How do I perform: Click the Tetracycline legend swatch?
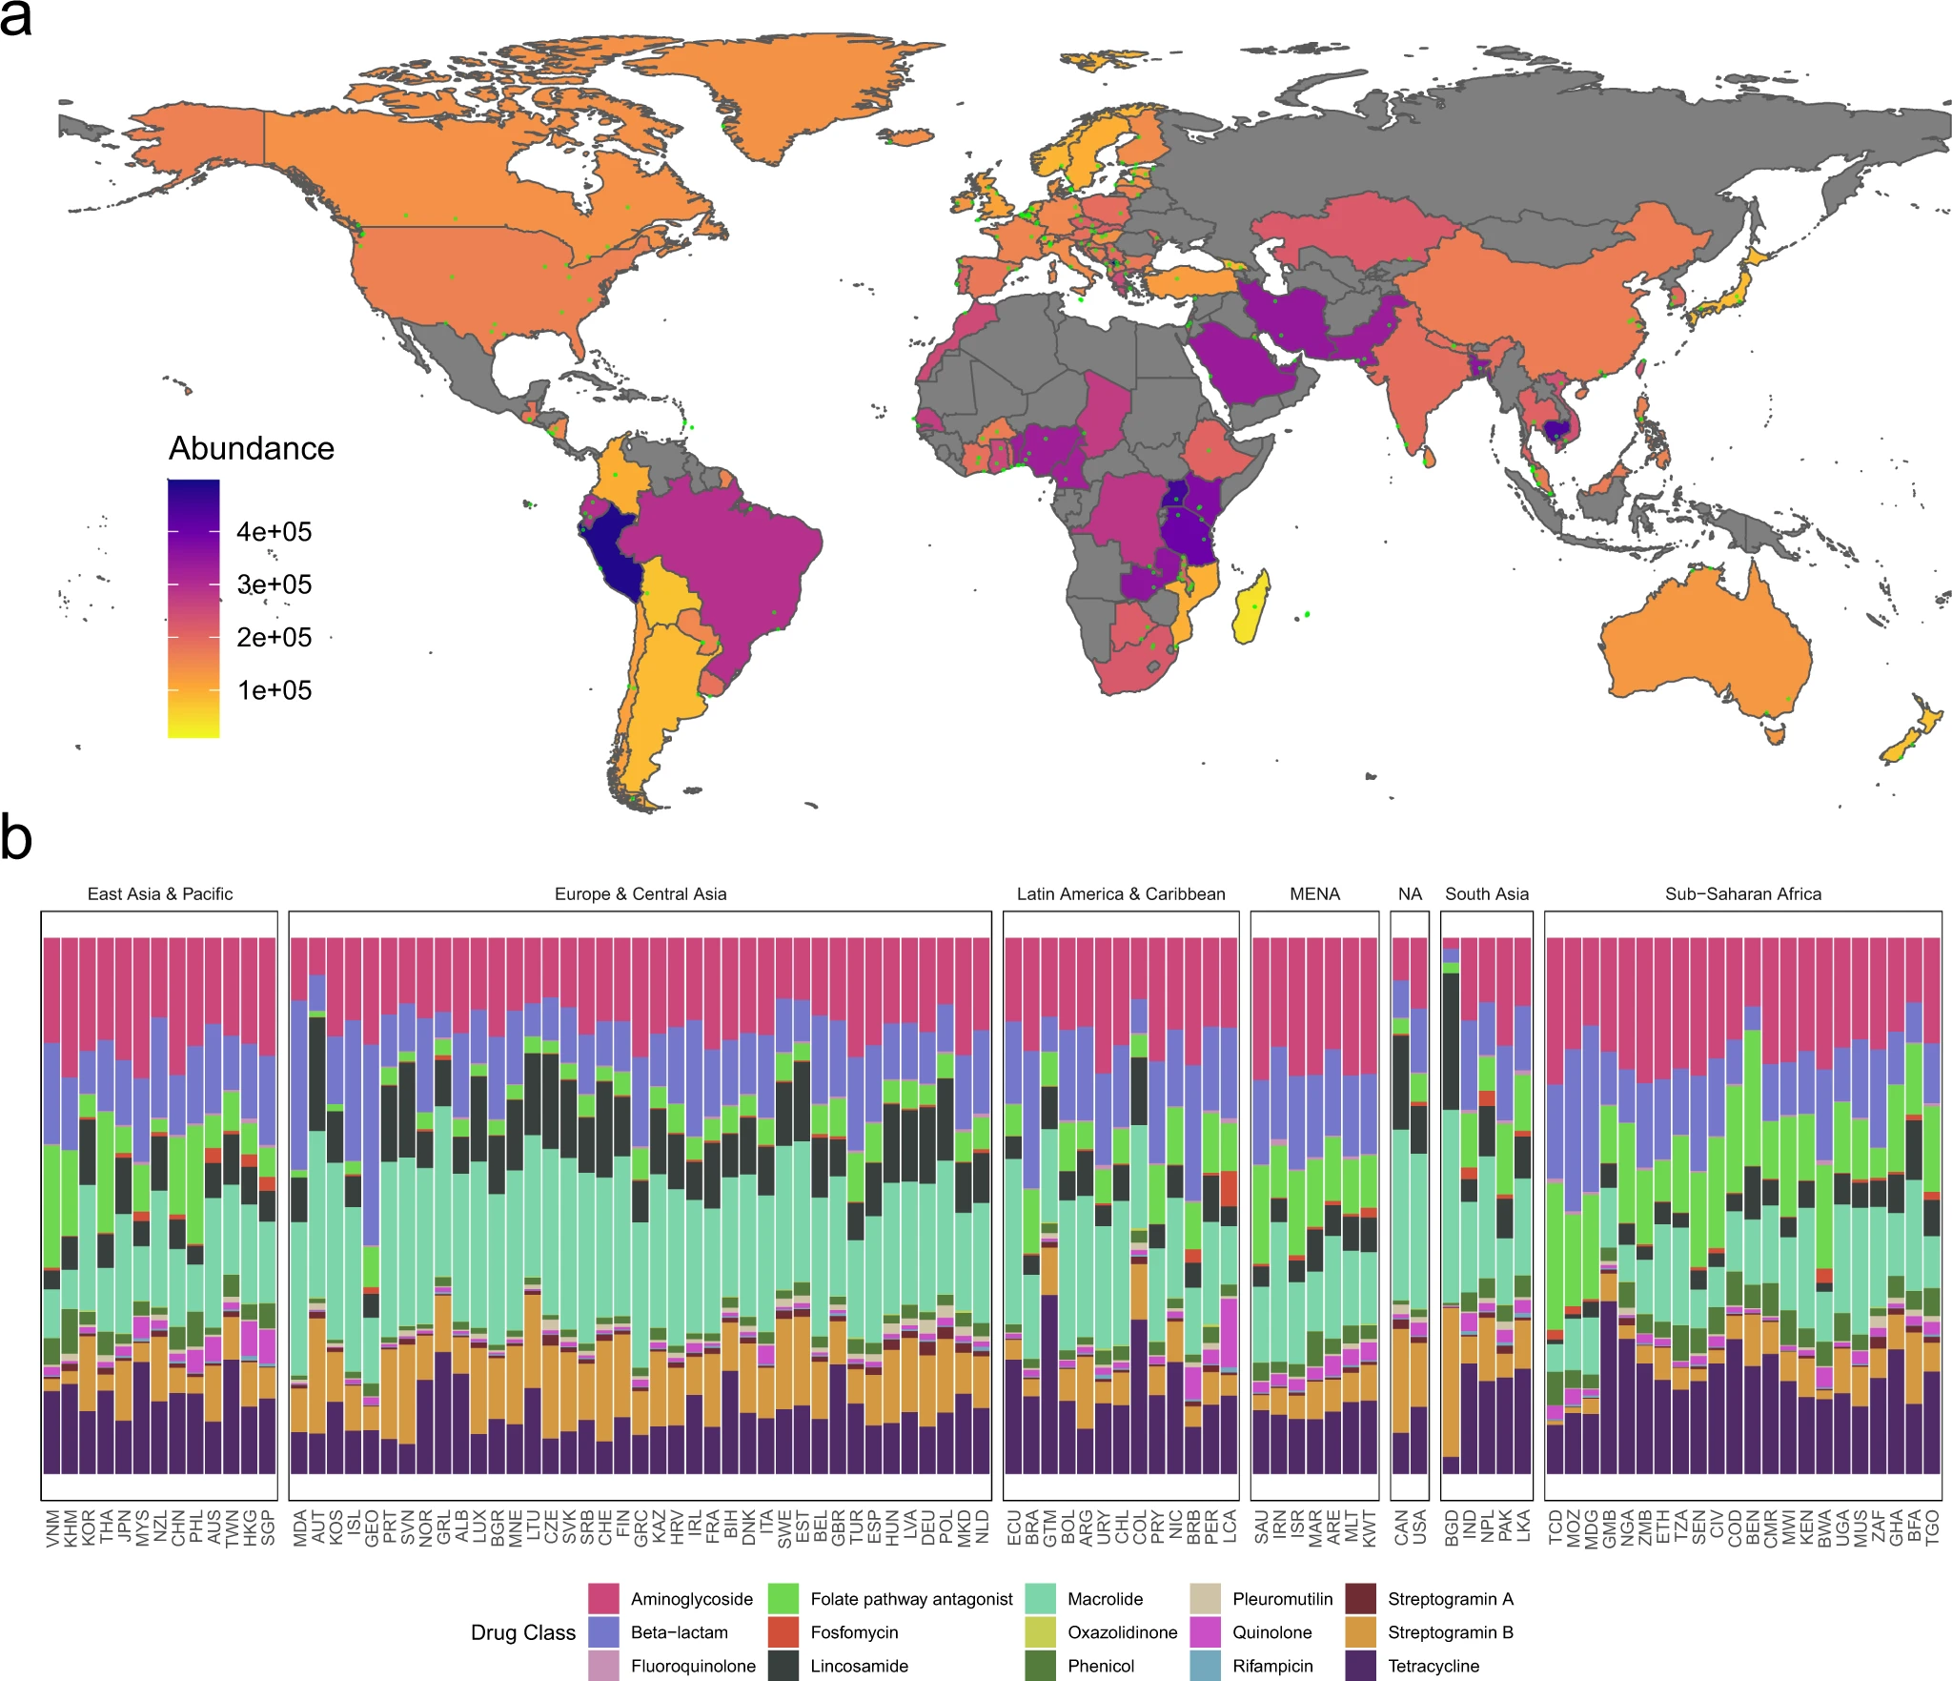coord(1360,1665)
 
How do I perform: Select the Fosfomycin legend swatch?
coord(783,1631)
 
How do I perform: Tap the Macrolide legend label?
coord(1105,1599)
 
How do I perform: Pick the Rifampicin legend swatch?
coord(1206,1665)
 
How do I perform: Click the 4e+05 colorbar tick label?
coord(274,532)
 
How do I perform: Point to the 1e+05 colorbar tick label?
coord(274,690)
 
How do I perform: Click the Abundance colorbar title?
coord(252,448)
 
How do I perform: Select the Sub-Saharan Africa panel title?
coord(1742,894)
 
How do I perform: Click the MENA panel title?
coord(1314,894)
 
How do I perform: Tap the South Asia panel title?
coord(1486,894)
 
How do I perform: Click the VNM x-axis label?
coord(52,1527)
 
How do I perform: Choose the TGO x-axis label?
coord(1932,1527)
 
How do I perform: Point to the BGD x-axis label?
coord(1451,1527)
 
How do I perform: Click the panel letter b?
coord(16,839)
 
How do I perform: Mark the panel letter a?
coord(16,19)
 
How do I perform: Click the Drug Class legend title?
coord(522,1632)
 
